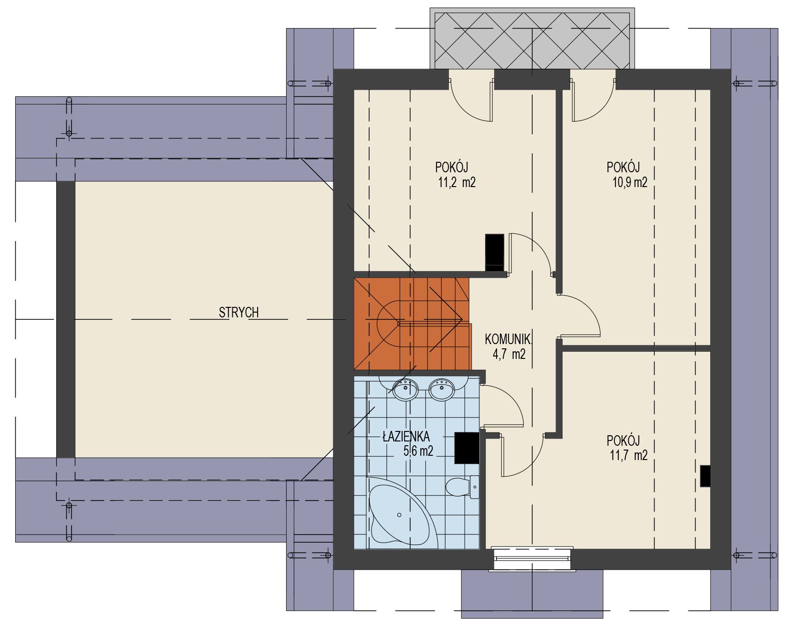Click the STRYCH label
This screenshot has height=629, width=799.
pos(239,313)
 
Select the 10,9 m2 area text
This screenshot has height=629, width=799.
pos(629,182)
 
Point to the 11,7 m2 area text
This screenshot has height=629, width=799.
pos(629,455)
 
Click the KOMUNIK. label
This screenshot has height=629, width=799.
pos(508,339)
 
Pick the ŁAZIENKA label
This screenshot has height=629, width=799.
pos(406,436)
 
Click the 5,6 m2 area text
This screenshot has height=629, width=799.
pos(418,451)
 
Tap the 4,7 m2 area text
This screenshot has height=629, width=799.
pos(509,354)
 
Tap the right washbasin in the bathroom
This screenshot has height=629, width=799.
pos(441,389)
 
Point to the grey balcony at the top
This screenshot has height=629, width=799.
pos(532,38)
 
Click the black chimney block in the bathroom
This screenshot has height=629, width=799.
pos(467,448)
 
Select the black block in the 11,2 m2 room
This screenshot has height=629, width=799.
pos(495,252)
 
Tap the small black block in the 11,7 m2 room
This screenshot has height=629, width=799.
pos(706,476)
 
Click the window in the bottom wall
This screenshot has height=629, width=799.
pos(532,558)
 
